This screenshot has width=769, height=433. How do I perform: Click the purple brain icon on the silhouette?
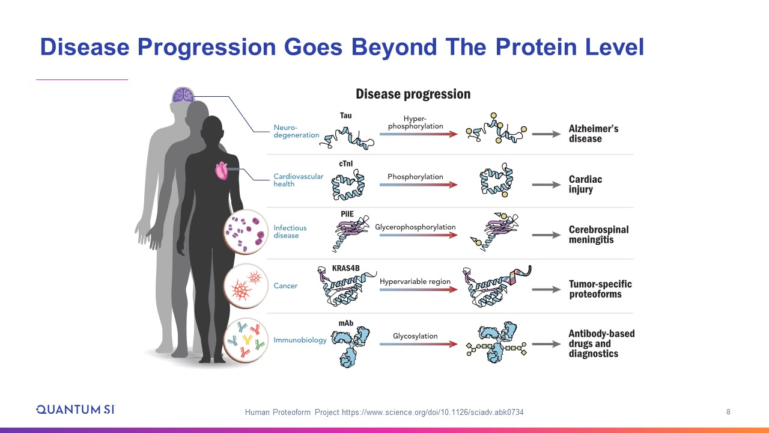[184, 95]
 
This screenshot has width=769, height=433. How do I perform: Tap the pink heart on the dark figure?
[222, 170]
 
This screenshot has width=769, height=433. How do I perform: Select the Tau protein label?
[345, 115]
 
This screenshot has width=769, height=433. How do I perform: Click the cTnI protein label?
[345, 164]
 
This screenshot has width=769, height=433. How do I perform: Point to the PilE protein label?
[347, 213]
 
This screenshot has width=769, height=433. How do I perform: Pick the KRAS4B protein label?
[345, 268]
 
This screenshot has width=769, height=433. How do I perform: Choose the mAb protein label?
[345, 323]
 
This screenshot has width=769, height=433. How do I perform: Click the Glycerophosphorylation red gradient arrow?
[419, 235]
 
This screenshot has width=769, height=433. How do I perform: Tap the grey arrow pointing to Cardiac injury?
[546, 185]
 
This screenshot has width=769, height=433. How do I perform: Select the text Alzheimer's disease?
[594, 134]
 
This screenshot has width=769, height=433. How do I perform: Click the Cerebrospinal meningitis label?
[599, 235]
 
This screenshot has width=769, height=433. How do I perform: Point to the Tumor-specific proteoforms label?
[600, 289]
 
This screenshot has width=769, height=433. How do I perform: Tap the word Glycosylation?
[415, 336]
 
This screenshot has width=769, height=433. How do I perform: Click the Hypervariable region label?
[415, 281]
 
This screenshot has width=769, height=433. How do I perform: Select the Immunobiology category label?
[300, 340]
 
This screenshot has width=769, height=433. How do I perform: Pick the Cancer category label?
[285, 286]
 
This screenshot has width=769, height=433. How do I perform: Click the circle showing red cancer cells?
[246, 286]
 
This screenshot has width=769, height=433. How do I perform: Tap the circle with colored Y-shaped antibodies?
[246, 340]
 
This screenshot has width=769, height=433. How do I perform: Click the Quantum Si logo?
[76, 410]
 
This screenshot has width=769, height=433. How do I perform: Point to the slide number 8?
[728, 412]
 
